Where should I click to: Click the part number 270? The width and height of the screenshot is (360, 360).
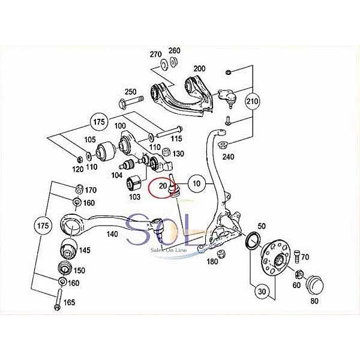point(157,53)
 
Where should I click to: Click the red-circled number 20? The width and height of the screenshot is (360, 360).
point(163,187)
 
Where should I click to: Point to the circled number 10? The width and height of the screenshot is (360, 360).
point(196,181)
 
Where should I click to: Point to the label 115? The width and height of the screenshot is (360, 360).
point(175,139)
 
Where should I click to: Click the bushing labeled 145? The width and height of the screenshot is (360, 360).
point(66,248)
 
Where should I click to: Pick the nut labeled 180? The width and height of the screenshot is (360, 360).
point(221,254)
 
